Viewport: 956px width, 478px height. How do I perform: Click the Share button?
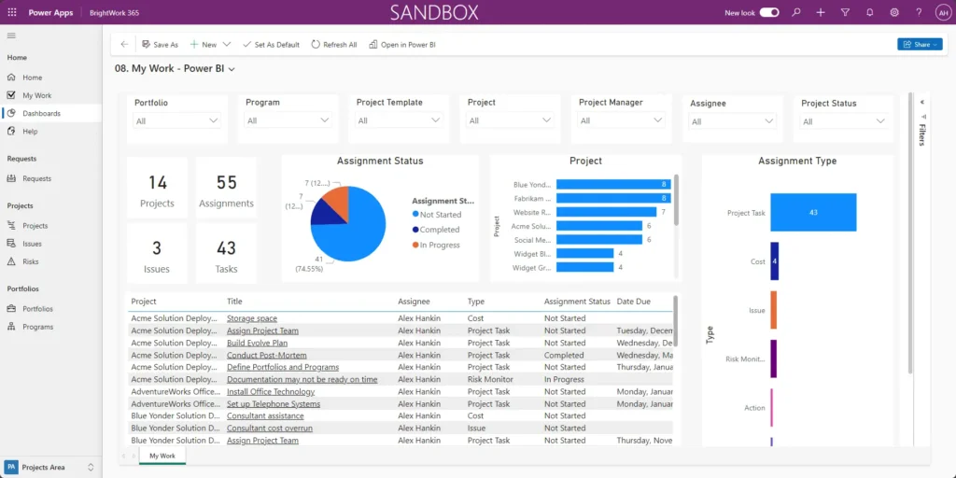click(919, 44)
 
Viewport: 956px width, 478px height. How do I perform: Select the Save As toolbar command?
click(160, 45)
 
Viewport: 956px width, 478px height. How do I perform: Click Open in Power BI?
click(402, 45)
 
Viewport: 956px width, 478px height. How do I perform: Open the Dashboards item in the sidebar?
click(41, 113)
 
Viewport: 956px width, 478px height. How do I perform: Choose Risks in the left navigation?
click(31, 261)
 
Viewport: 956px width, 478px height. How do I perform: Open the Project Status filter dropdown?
click(842, 121)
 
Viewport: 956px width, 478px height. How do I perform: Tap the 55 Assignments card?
click(226, 190)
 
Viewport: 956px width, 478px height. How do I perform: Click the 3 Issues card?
click(157, 254)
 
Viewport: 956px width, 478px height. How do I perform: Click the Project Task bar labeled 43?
click(812, 213)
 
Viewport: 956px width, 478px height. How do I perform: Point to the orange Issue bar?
click(773, 310)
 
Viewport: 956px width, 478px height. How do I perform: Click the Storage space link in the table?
click(252, 318)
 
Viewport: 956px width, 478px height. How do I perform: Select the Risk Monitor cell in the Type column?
click(490, 380)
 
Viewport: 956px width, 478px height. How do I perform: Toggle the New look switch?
click(769, 12)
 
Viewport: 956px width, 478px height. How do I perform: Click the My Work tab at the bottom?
click(162, 456)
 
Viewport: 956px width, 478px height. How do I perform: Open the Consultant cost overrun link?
click(270, 429)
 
